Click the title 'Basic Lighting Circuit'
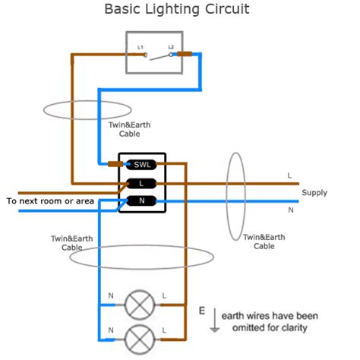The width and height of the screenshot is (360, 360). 175,10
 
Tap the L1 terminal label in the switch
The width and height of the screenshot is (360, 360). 141,48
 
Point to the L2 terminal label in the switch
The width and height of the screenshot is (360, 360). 171,48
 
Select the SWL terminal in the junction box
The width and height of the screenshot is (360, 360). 142,164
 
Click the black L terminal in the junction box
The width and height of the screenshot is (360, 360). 142,183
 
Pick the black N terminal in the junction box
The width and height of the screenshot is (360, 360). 142,201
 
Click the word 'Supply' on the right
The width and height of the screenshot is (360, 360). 314,193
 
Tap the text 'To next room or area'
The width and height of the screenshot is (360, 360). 49,201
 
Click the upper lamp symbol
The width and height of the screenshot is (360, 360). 138,305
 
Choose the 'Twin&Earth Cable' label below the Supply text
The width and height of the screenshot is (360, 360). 264,242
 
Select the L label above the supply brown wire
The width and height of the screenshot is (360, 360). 289,175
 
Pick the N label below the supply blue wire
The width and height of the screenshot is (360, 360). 289,210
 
